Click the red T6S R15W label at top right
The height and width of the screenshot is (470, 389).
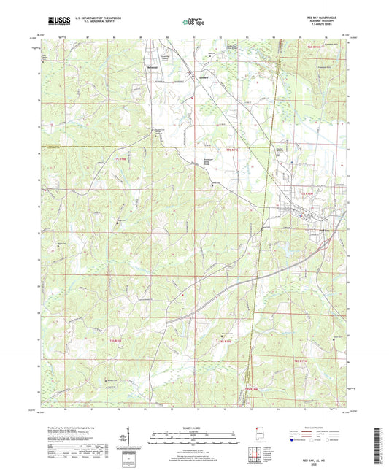tap(315, 47)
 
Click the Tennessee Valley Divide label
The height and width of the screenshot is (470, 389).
tap(209, 166)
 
